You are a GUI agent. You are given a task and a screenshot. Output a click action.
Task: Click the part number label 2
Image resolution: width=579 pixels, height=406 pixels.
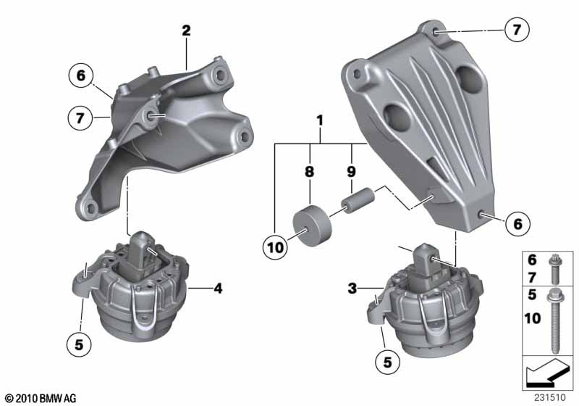186,30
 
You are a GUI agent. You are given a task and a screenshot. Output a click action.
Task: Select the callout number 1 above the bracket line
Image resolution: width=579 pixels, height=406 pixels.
320,120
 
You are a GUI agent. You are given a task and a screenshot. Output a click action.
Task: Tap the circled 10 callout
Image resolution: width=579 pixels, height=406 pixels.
275,247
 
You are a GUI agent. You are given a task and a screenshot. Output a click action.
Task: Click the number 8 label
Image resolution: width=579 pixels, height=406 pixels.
310,171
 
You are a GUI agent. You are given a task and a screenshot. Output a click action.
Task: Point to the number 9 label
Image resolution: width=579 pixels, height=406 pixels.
351,171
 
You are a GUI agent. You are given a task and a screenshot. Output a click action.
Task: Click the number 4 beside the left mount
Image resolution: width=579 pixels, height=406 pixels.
218,289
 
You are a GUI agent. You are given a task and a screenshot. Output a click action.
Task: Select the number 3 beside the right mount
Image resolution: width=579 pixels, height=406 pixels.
352,288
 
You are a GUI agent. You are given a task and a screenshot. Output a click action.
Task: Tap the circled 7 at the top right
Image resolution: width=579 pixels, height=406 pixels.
517,29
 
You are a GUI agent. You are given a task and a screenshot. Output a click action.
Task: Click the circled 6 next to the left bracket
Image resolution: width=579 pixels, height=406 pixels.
81,75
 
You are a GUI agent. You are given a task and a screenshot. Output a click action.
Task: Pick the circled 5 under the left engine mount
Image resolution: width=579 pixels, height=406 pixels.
79,344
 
